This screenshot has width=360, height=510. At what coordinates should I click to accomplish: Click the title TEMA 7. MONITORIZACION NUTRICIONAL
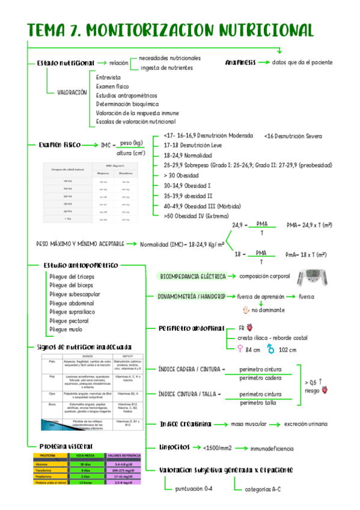(171, 30)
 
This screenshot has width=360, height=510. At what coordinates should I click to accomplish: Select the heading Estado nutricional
(66, 63)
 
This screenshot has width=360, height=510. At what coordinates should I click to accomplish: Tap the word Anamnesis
(240, 63)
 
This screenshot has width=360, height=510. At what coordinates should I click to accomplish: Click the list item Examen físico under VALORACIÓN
(112, 87)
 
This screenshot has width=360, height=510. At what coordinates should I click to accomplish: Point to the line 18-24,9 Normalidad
(187, 155)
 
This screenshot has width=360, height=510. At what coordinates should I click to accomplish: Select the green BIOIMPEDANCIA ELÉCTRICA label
(192, 276)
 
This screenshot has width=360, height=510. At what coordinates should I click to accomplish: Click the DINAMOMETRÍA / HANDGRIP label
(191, 297)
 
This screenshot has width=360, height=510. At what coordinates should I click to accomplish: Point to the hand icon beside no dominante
(245, 310)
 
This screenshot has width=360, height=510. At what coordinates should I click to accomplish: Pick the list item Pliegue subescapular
(75, 294)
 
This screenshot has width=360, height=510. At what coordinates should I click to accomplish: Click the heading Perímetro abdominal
(192, 328)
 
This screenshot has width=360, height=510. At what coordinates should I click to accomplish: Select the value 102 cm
(288, 350)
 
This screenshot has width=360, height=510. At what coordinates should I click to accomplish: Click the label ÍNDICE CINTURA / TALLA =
(190, 394)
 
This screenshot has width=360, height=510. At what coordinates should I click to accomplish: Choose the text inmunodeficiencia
(272, 448)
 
